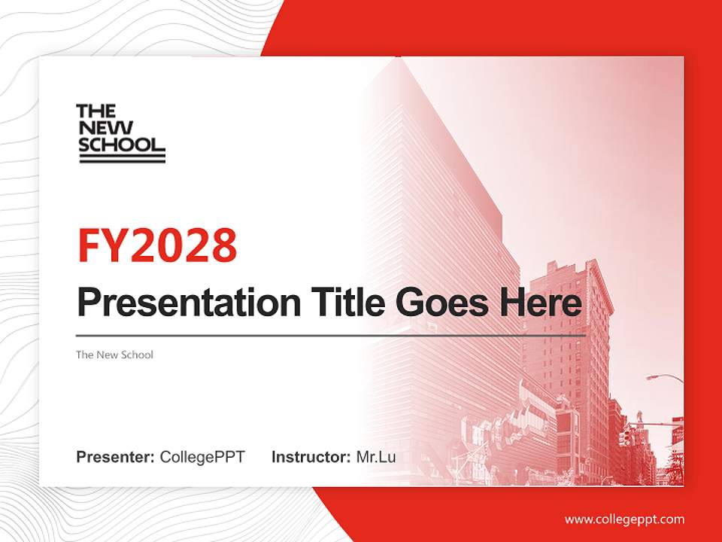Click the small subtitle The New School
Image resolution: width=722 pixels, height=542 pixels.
click(114, 355)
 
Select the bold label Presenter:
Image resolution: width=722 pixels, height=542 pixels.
click(115, 457)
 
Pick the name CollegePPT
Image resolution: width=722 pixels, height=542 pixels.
click(202, 457)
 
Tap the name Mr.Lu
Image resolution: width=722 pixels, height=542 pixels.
click(376, 457)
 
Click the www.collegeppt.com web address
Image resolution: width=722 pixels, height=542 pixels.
click(624, 519)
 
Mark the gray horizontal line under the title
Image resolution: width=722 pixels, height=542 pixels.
click(331, 335)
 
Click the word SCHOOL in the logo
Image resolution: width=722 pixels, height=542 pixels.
click(120, 144)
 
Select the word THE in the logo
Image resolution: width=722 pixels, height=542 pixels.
click(96, 111)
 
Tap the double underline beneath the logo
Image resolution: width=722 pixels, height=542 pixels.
click(122, 158)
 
